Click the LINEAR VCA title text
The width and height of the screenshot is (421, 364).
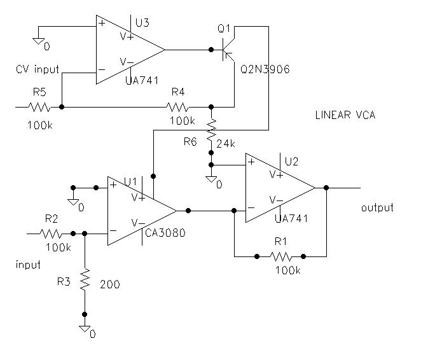click(x=345, y=115)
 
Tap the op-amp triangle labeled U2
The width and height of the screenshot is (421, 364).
click(x=277, y=188)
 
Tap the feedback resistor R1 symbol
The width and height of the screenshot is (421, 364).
click(x=280, y=257)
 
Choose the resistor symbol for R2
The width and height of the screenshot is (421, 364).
click(x=52, y=234)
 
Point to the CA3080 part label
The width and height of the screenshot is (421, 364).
click(x=165, y=233)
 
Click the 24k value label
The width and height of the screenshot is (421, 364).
click(x=226, y=144)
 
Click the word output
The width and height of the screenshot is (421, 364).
click(x=376, y=207)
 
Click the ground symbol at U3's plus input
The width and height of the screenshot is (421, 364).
click(x=39, y=41)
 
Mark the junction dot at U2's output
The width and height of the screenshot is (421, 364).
click(x=326, y=188)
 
